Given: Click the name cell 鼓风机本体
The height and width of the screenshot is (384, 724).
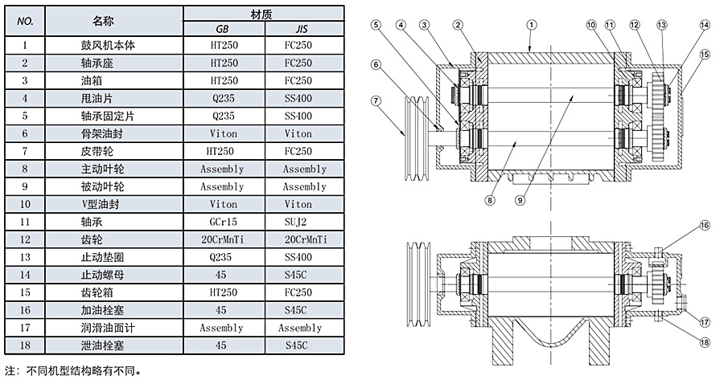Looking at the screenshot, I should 114,46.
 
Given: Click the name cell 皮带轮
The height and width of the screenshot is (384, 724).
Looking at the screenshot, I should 114,151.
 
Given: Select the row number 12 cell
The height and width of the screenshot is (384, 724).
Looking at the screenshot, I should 26,239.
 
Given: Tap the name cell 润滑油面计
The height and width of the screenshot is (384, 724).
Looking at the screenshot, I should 114,328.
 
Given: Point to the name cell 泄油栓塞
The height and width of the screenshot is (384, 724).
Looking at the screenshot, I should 114,345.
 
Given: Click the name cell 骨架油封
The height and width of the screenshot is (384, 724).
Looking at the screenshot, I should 114,133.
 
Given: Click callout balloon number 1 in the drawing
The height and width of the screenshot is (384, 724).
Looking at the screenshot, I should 530,24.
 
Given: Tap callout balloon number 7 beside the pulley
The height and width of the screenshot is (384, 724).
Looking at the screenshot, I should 376,100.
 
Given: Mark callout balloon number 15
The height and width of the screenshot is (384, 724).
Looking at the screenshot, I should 705,55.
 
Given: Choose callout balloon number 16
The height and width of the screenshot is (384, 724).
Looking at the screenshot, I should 705,227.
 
